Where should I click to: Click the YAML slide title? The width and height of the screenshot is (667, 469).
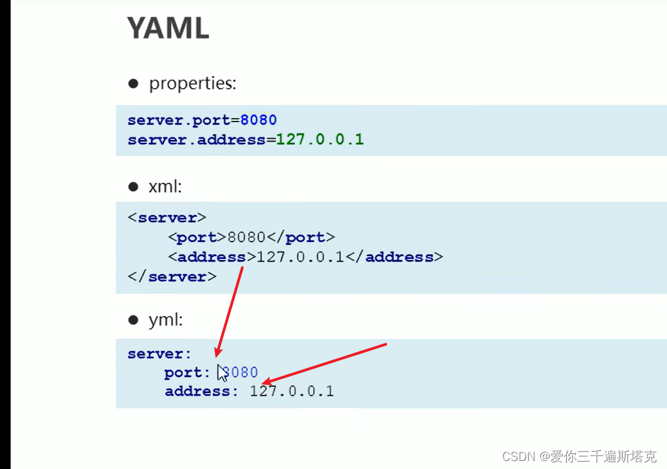168,28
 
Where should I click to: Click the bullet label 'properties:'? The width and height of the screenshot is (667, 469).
192,83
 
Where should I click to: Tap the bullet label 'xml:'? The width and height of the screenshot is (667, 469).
165,187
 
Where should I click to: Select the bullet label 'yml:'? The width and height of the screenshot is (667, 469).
166,320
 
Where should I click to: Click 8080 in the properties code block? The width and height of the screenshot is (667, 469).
258,120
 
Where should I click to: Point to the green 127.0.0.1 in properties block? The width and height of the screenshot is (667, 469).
320,139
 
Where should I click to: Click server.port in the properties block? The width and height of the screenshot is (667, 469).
179,120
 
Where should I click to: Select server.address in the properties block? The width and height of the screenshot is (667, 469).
196,139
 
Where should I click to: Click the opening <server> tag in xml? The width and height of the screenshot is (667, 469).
167,218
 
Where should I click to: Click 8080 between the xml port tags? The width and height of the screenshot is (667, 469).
246,238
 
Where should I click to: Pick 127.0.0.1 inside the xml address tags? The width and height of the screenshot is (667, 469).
300,257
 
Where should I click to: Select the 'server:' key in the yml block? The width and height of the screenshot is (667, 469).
160,354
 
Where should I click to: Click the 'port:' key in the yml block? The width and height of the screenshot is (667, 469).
188,373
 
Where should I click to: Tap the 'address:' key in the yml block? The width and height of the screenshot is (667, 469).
202,392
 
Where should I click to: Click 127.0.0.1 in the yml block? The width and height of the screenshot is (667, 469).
292,392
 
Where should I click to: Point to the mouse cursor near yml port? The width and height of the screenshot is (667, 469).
222,372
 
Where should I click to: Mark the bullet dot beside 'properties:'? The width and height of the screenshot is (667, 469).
133,83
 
